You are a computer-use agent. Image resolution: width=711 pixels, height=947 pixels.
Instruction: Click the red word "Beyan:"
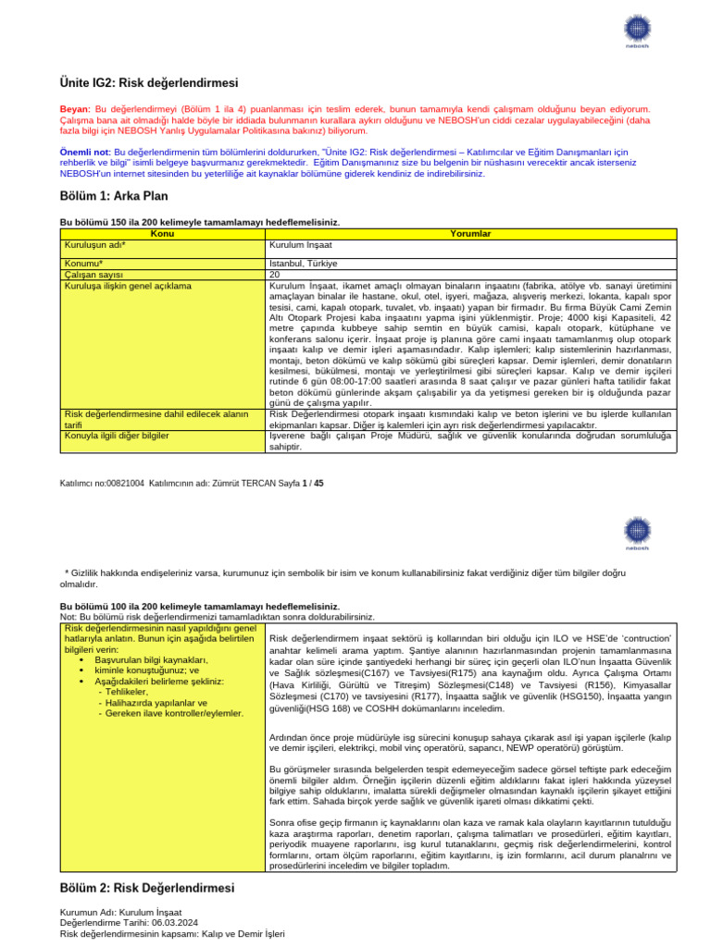coord(76,109)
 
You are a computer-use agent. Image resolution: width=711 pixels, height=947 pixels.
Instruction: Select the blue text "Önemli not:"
coord(85,152)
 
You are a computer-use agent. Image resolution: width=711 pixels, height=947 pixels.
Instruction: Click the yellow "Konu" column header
coord(162,234)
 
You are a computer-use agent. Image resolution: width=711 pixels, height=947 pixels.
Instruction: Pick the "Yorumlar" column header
coord(470,234)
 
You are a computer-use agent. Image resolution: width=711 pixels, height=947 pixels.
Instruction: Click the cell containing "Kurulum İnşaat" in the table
coord(300,245)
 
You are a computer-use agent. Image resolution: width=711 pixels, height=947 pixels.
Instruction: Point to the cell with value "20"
coord(274,275)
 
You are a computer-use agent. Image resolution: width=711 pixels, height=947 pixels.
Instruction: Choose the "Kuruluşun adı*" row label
coord(95,245)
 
